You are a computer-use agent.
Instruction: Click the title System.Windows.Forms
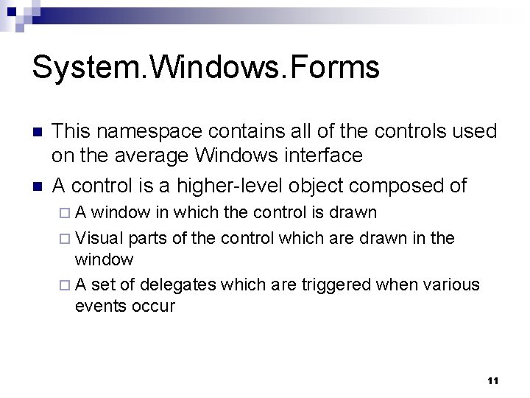205,67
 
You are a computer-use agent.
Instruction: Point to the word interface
319,156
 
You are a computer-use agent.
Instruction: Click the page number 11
492,381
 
